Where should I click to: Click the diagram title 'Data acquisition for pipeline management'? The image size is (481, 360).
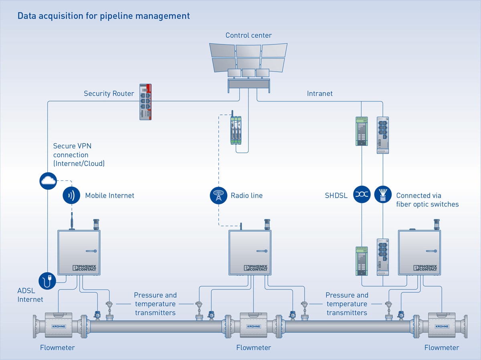(103, 16)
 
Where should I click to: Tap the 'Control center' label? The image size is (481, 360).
(249, 35)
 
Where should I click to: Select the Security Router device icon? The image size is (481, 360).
(145, 102)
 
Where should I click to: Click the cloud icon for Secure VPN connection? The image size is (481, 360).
(48, 181)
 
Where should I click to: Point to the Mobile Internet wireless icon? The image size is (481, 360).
(72, 196)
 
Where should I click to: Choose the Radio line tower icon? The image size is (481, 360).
(218, 196)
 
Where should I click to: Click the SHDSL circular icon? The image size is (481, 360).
(362, 194)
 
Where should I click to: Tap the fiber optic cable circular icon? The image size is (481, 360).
(383, 194)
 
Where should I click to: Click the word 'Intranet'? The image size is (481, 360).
(319, 94)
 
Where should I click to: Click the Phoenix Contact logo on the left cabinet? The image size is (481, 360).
(84, 268)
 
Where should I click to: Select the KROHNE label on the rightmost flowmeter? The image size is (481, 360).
(442, 326)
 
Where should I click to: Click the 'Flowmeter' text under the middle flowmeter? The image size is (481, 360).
(253, 348)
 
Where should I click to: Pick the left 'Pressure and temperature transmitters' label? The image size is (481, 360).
(155, 304)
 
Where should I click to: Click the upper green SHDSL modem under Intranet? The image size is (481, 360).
(362, 131)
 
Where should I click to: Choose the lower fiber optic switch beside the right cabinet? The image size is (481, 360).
(383, 257)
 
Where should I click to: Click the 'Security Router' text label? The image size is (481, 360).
(109, 94)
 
